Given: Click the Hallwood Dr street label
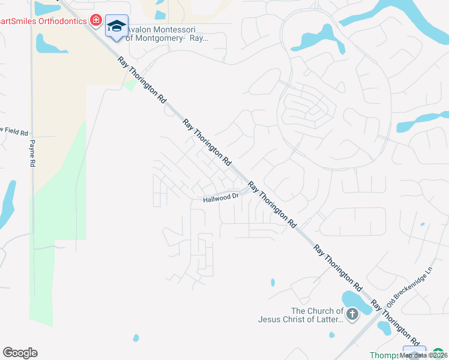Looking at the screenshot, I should tap(221, 197).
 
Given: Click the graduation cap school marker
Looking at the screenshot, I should tap(116, 26).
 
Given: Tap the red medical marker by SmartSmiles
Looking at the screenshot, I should tap(95, 20).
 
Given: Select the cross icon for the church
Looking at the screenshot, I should tap(352, 313).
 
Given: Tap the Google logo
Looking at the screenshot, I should tap(20, 353).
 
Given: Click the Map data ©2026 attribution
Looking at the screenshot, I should tap(424, 355).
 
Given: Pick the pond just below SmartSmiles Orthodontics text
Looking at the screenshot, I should tap(47, 44).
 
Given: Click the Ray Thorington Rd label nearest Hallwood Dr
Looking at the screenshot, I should tap(272, 206).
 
